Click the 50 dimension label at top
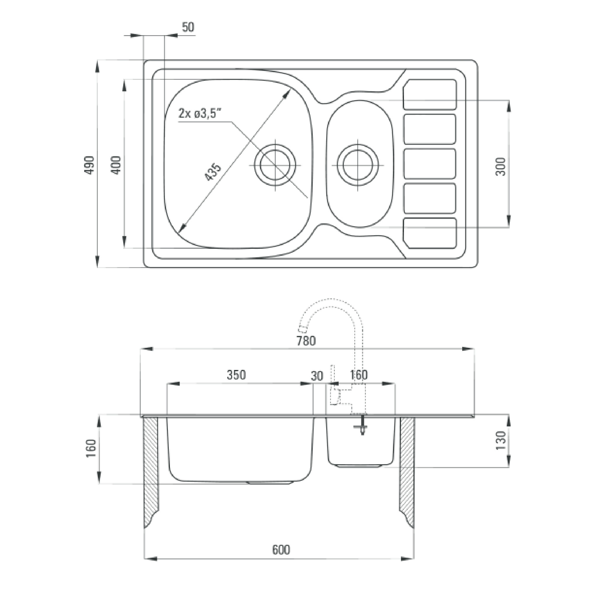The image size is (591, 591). pyautogui.click(x=188, y=27)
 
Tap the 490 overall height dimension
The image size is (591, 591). pyautogui.click(x=89, y=165)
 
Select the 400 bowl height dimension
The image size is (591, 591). pyautogui.click(x=116, y=165)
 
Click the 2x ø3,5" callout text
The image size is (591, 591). pyautogui.click(x=200, y=114)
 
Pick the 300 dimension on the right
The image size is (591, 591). pyautogui.click(x=501, y=167)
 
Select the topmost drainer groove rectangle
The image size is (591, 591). pyautogui.click(x=430, y=94)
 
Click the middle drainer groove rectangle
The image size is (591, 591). pyautogui.click(x=430, y=164)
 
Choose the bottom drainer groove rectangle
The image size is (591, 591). pyautogui.click(x=430, y=233)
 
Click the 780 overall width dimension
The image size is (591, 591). pyautogui.click(x=306, y=341)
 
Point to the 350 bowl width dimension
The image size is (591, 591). pyautogui.click(x=236, y=375)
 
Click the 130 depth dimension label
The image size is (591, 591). pyautogui.click(x=501, y=440)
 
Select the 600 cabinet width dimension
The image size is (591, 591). pyautogui.click(x=281, y=550)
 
